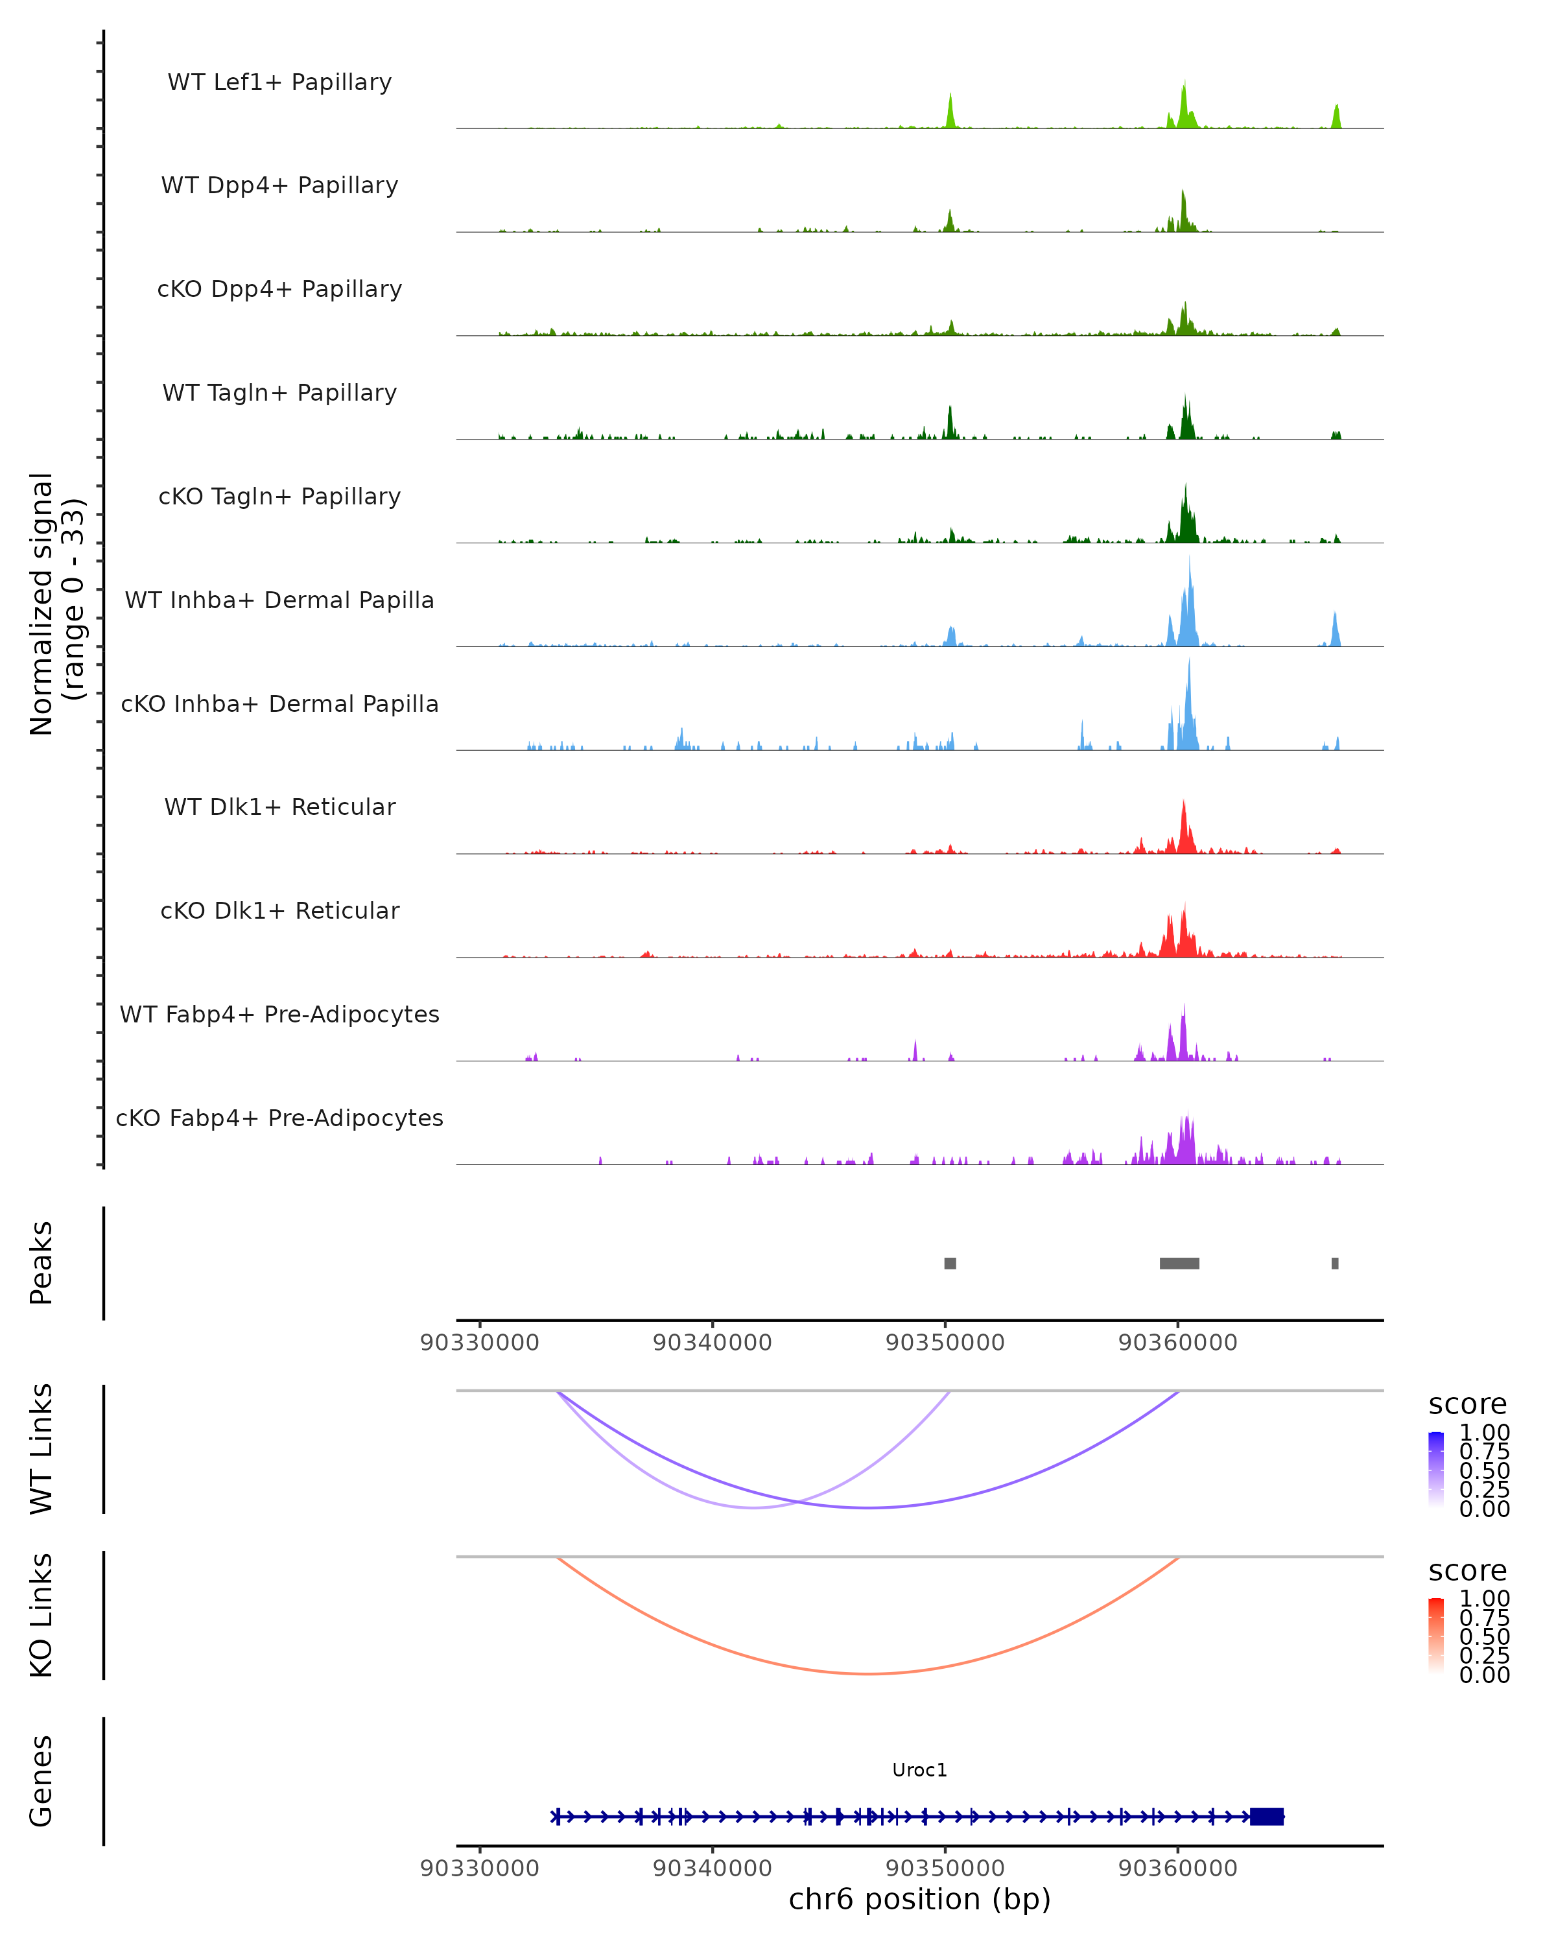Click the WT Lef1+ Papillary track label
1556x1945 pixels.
[x=279, y=82]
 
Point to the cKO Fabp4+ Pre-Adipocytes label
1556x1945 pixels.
[x=279, y=1118]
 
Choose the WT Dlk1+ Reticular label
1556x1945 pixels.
[x=279, y=807]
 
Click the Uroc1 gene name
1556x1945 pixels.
[x=919, y=1770]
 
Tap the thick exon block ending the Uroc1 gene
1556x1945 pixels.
[x=1266, y=1817]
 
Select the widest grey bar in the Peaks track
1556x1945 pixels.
[x=1179, y=1263]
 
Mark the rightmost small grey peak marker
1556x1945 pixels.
[x=1335, y=1263]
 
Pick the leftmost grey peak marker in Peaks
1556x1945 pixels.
[x=950, y=1263]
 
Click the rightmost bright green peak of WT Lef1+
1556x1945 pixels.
[x=1337, y=115]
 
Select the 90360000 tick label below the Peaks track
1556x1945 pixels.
[x=1177, y=1343]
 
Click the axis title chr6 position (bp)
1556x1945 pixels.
[x=919, y=1899]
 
